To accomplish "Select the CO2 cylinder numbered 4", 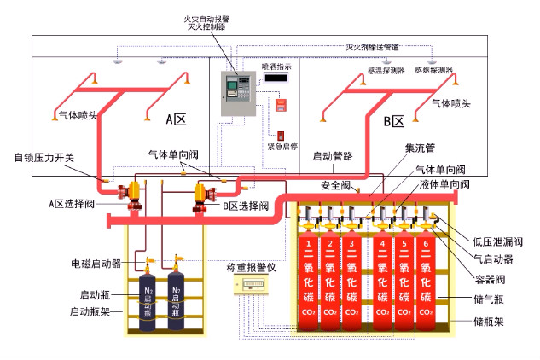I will tap(380, 273).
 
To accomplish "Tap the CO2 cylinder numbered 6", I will tap(426, 273).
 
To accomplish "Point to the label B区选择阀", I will tap(246, 206).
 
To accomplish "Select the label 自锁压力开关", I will tap(44, 157).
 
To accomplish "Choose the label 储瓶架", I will tap(489, 323).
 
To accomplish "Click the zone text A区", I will tap(175, 119).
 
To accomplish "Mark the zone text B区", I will tap(392, 121).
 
